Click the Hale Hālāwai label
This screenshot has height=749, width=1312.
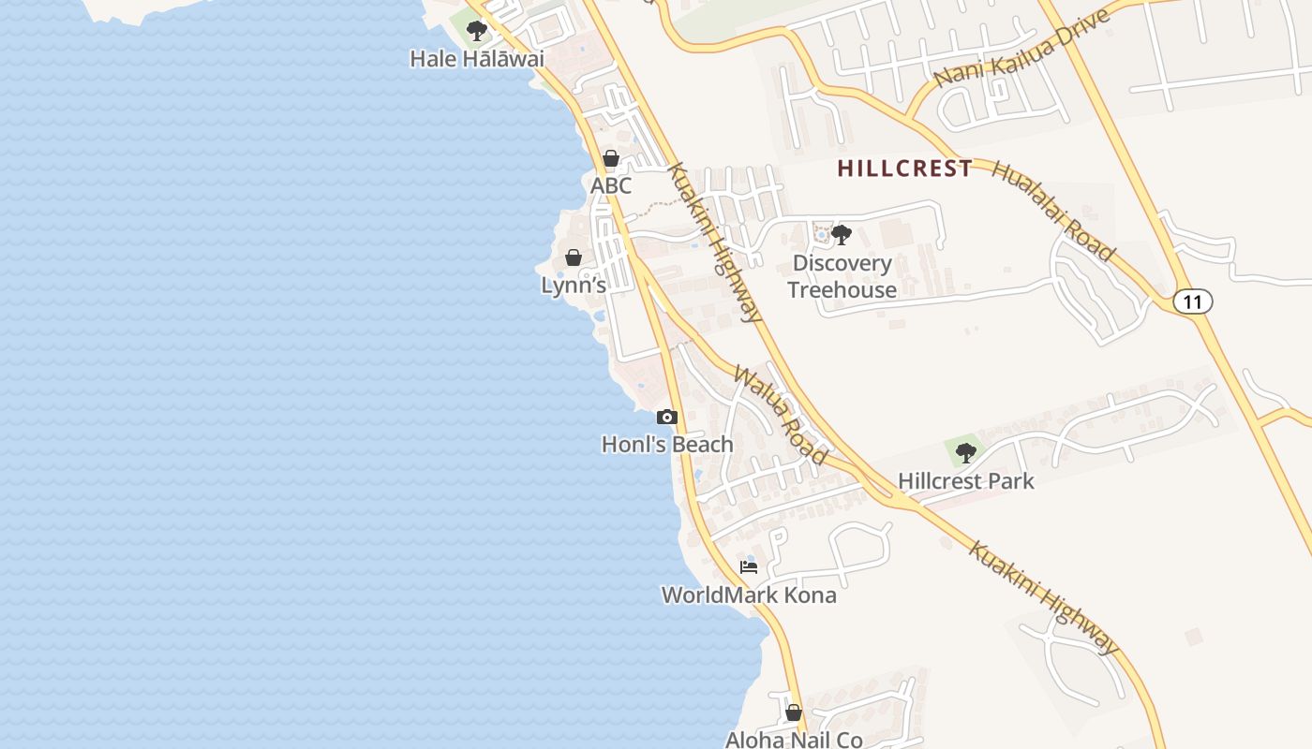[476, 59]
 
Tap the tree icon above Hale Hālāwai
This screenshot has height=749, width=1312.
[477, 31]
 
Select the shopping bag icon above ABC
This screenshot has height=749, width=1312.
[611, 158]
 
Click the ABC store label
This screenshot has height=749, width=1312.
[611, 186]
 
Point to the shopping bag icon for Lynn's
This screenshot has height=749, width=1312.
[574, 257]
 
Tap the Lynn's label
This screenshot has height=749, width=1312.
[574, 286]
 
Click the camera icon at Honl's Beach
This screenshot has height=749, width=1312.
[667, 417]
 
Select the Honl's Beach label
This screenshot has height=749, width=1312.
[667, 445]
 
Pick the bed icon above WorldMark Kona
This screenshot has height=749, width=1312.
[749, 566]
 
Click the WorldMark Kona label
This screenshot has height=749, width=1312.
[749, 595]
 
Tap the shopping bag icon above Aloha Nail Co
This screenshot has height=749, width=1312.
[794, 712]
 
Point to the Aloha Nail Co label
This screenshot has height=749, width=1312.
[794, 740]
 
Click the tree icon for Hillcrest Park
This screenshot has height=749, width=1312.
[966, 453]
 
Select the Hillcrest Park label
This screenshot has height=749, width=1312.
[966, 481]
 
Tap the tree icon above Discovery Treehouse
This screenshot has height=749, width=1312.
[842, 234]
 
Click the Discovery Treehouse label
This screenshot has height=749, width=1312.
[842, 276]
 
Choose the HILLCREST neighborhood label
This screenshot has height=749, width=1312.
[904, 169]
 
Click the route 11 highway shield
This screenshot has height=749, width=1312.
[1192, 301]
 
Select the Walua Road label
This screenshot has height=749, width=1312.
[781, 415]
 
